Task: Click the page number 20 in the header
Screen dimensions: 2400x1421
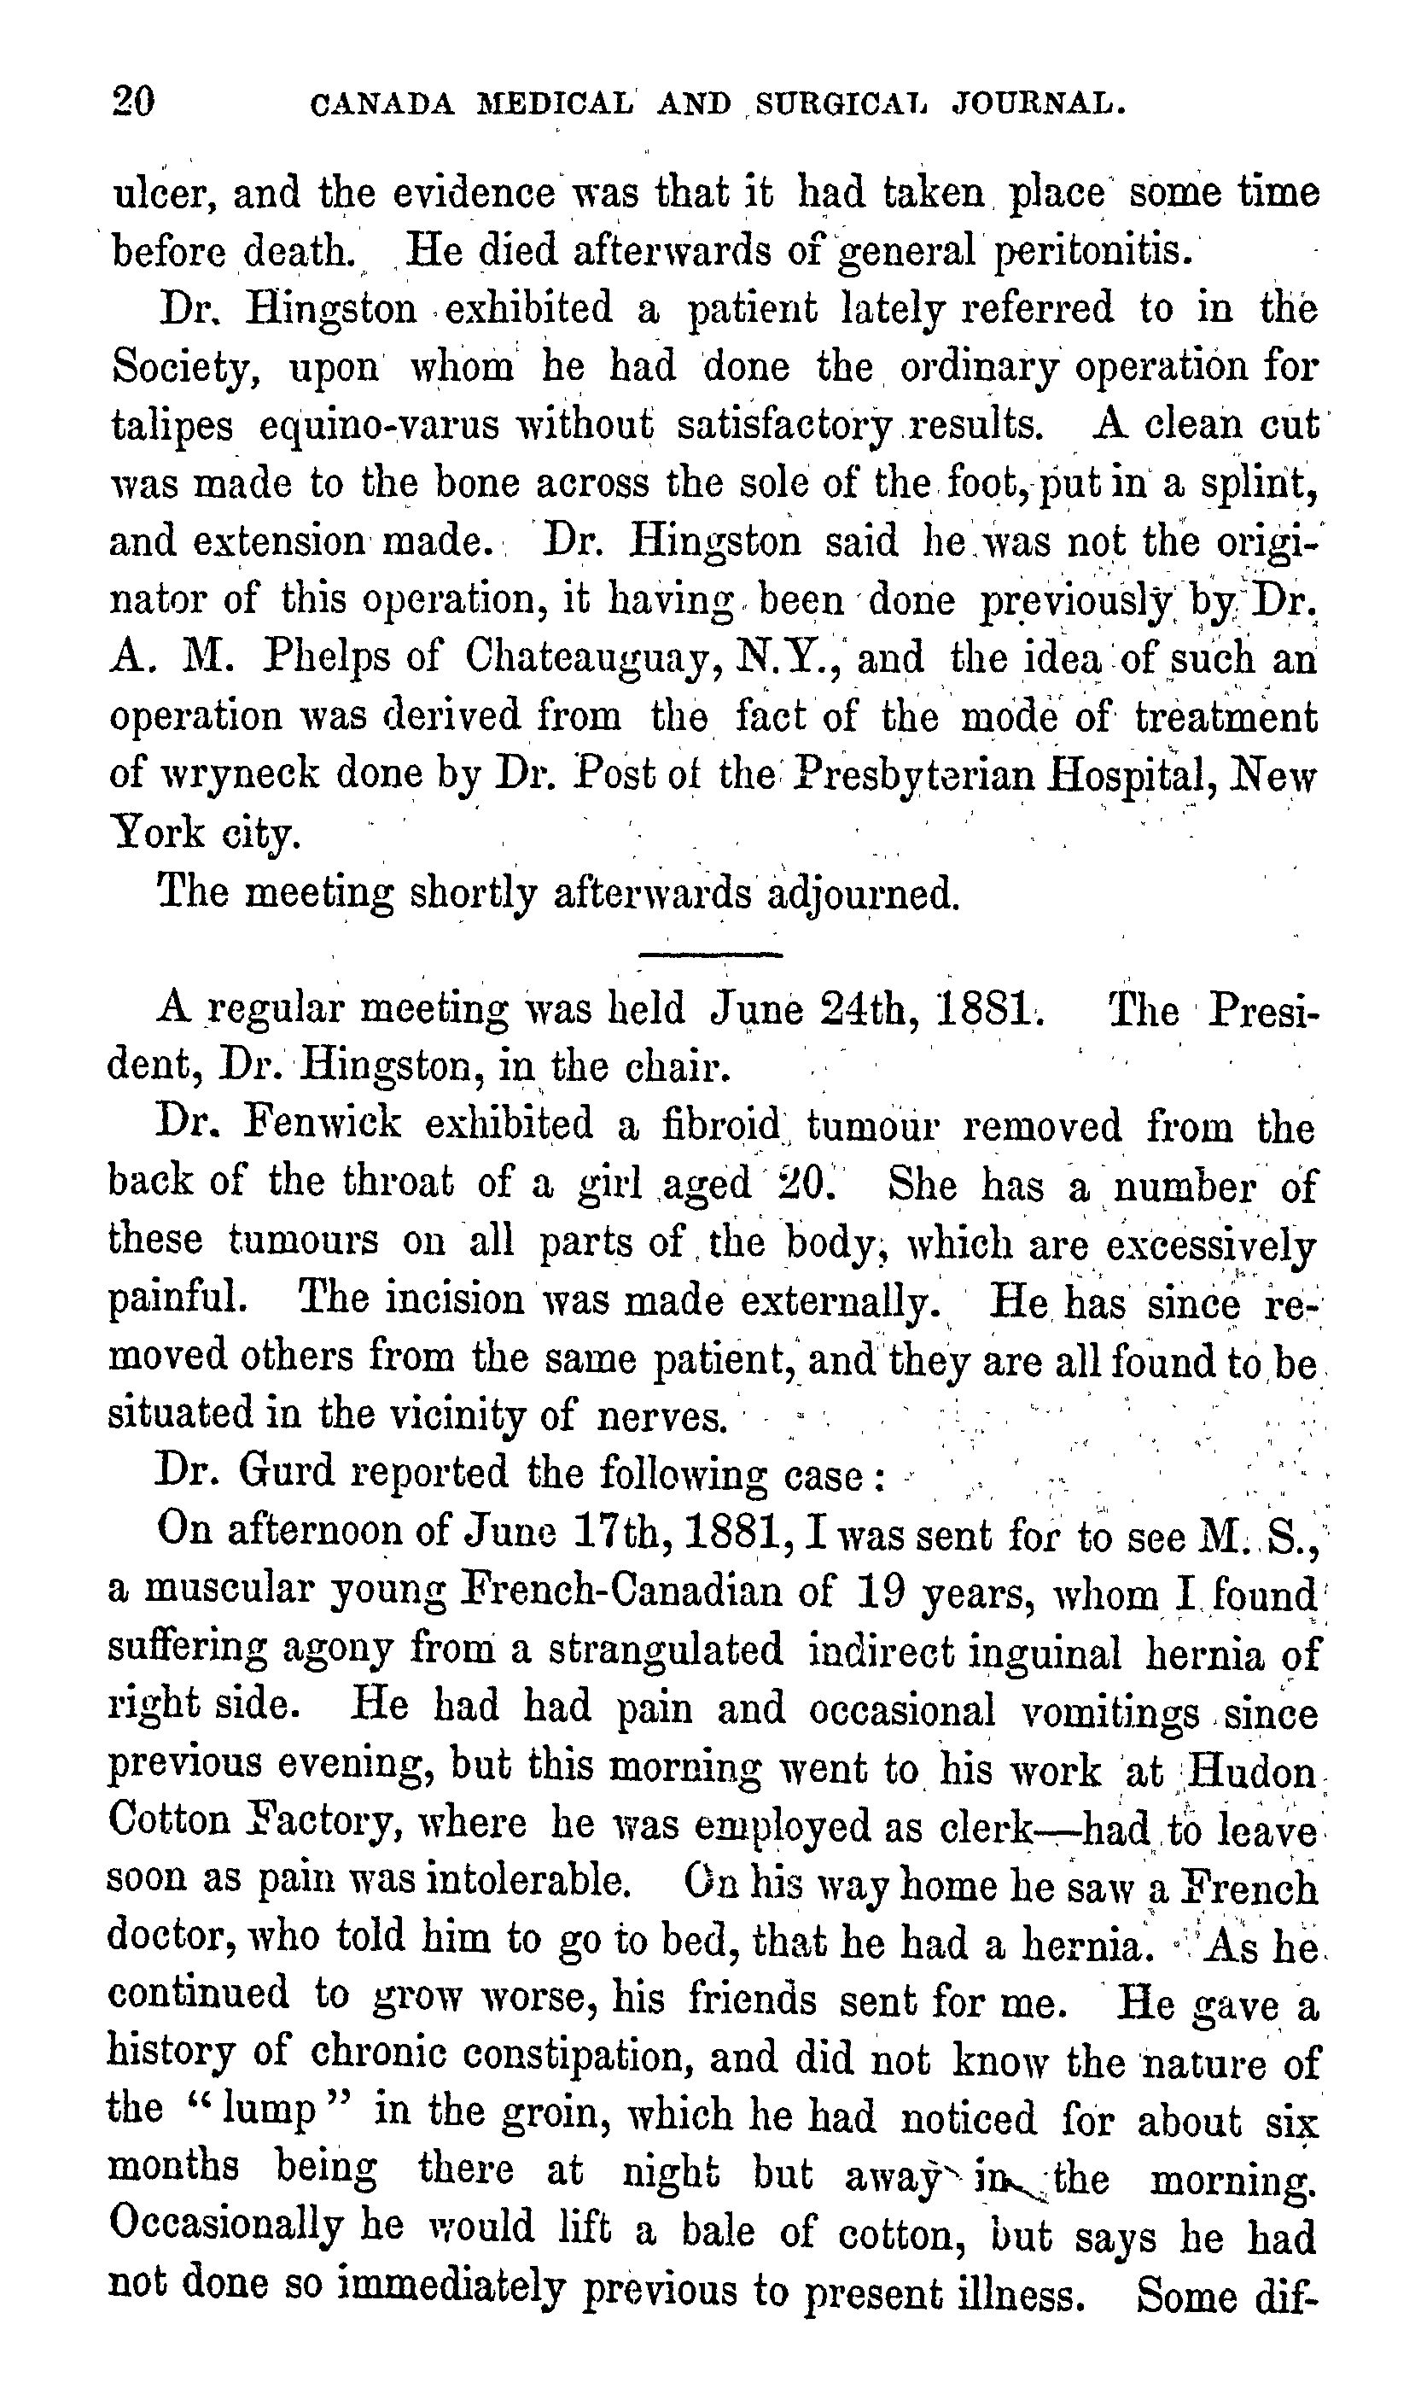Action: click(x=133, y=101)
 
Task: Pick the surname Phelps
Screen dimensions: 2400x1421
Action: click(x=352, y=657)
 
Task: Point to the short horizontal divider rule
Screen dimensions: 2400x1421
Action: click(x=709, y=954)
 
